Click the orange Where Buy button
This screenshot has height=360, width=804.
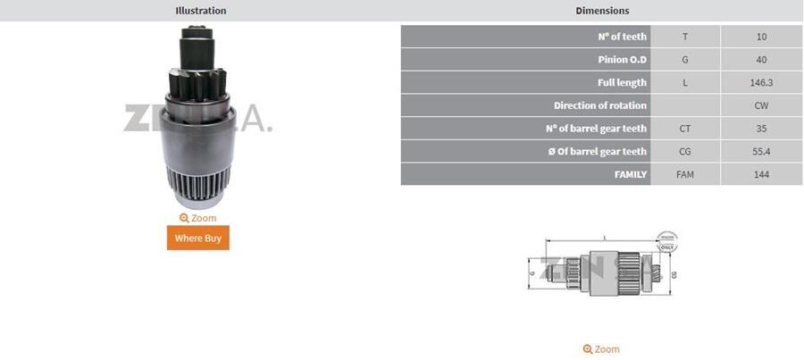pyautogui.click(x=197, y=238)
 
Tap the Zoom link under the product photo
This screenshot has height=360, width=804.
pyautogui.click(x=197, y=218)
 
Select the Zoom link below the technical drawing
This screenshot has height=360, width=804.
pyautogui.click(x=601, y=349)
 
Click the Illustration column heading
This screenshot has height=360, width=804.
pyautogui.click(x=200, y=11)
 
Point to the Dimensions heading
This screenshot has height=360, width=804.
pyautogui.click(x=602, y=11)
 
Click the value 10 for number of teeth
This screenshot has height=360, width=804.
pyautogui.click(x=761, y=37)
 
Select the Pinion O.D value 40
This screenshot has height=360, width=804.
pyautogui.click(x=761, y=60)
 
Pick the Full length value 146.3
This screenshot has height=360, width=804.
pyautogui.click(x=761, y=82)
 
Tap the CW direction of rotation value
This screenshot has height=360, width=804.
pyautogui.click(x=761, y=105)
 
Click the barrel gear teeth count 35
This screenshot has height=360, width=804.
pyautogui.click(x=761, y=129)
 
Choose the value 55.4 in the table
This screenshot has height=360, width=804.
pyautogui.click(x=761, y=152)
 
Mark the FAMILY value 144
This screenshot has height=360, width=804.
pyautogui.click(x=761, y=174)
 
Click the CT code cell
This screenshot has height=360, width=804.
pyautogui.click(x=685, y=129)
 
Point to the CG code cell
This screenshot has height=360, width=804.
pyautogui.click(x=685, y=152)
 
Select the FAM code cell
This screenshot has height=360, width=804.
pyautogui.click(x=685, y=174)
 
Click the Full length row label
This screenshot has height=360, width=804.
pyautogui.click(x=622, y=82)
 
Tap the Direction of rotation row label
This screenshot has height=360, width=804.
pyautogui.click(x=599, y=105)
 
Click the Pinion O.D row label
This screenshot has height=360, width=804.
pyautogui.click(x=623, y=60)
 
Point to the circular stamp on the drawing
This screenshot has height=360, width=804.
pyautogui.click(x=666, y=242)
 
